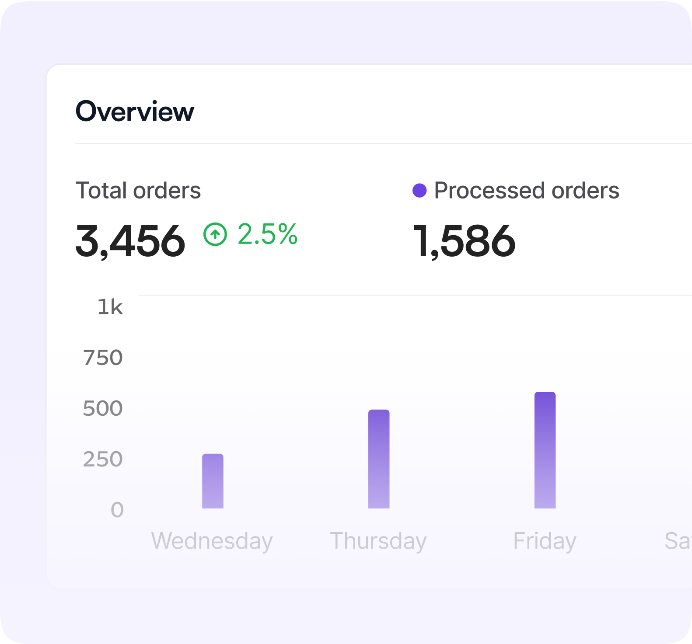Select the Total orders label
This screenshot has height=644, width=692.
(138, 191)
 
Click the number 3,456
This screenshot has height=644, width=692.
(130, 241)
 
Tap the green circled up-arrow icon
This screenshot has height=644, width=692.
(215, 234)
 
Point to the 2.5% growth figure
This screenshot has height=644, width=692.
(267, 234)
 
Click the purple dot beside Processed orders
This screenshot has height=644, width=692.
(419, 191)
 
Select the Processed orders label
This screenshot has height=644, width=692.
(527, 191)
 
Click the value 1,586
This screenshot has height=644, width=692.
(464, 241)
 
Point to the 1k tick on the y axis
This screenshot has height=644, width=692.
(110, 307)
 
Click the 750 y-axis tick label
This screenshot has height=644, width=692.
(103, 358)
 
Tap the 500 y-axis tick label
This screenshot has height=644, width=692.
(103, 408)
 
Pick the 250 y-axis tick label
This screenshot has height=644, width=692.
(103, 459)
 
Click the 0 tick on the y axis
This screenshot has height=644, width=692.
(117, 510)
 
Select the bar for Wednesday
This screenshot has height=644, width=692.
(213, 481)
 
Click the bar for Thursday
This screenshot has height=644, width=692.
(379, 459)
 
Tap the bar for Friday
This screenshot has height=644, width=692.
(545, 450)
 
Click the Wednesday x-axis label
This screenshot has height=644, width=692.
(212, 541)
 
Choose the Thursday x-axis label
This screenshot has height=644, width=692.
(378, 541)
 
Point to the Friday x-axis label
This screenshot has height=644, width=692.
(545, 541)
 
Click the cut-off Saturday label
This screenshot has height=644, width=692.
(678, 541)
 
